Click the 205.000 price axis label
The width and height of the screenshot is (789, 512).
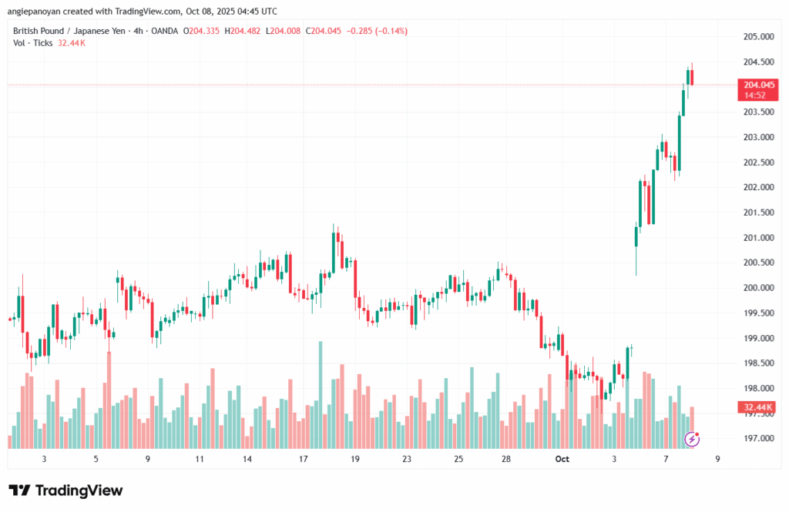coord(758,37)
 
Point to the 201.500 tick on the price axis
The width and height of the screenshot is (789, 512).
coord(758,212)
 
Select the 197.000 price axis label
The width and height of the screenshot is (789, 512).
coord(758,439)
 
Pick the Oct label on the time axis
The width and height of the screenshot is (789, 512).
coord(562,459)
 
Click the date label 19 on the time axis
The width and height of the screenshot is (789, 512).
coord(355,459)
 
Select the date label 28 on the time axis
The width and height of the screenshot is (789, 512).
coord(506,459)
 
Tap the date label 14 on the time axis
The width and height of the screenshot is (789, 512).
coord(247,459)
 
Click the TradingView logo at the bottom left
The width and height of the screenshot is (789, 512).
coord(65,490)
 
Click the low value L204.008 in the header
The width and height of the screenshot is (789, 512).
coord(283,31)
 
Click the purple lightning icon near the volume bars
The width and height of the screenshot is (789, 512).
coord(693,439)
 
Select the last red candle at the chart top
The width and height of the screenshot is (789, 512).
coord(692,77)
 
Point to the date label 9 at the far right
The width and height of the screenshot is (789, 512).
coord(717,459)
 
